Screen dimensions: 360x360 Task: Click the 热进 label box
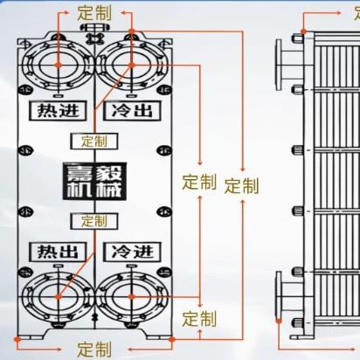[x=58, y=111]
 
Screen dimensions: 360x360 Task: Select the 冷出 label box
[x=132, y=111]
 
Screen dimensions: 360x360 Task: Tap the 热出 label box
[x=58, y=252]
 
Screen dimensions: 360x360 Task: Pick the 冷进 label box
[x=132, y=252]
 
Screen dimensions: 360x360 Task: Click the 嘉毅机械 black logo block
[x=94, y=181]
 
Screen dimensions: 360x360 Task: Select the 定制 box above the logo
[x=94, y=142]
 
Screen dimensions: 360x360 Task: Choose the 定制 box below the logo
[x=94, y=221]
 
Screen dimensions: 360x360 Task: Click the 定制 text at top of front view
[x=94, y=13]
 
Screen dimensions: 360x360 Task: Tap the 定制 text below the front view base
[x=94, y=350]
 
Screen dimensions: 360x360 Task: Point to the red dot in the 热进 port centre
[x=59, y=65]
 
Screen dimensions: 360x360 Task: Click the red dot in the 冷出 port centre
[x=132, y=65]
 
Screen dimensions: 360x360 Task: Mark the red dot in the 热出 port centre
[x=59, y=297]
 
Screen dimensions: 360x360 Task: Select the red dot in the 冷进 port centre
[x=132, y=297]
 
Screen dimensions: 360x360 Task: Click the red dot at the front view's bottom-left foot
[x=17, y=339]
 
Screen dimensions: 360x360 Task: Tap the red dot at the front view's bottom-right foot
[x=172, y=339]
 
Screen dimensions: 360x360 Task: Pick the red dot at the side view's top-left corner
[x=303, y=31]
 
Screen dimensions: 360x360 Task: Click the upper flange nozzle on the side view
[x=290, y=65]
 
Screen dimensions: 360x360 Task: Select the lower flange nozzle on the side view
[x=290, y=297]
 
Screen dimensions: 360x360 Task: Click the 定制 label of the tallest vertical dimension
[x=242, y=186]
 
